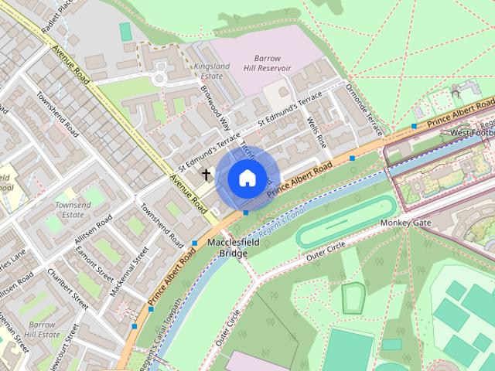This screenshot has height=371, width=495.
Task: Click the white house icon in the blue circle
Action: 246,179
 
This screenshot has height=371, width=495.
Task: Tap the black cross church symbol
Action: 206,175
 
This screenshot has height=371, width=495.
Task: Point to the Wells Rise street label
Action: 317,132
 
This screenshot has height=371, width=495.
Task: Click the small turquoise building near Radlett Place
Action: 125,32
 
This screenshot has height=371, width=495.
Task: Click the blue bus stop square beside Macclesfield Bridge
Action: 194,243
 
